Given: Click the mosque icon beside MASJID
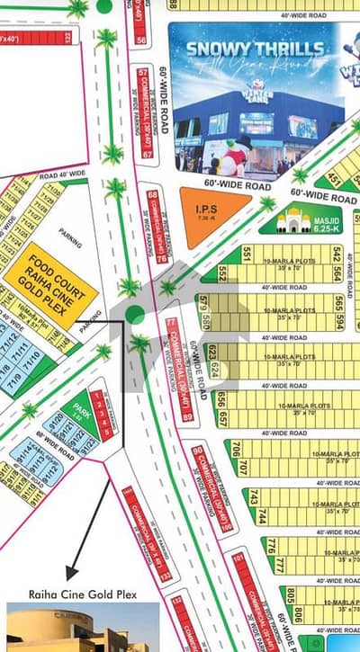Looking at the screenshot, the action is pos(295,219).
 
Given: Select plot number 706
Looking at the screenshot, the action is pos(235,447).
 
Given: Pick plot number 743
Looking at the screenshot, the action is pos(253,497).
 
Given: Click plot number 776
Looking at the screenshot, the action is pos(267,545).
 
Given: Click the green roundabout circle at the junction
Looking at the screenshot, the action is pos(134,314).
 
